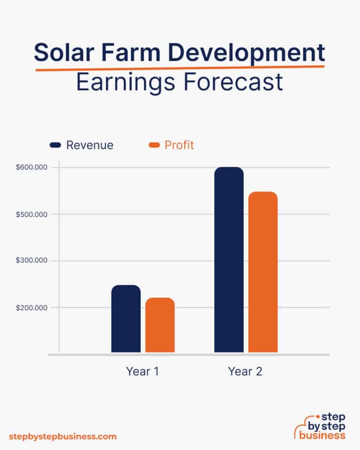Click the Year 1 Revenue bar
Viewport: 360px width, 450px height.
pos(126,319)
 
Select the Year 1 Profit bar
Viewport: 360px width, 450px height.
pos(160,325)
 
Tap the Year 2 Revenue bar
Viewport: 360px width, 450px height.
pos(229,260)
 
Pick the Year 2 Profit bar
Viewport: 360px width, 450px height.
pos(263,272)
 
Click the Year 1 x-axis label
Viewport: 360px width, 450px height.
pos(142,372)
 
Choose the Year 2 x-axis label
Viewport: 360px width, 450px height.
pos(245,372)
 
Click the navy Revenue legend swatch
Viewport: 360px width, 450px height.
pos(56,145)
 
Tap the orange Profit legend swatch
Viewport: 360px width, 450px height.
pos(154,145)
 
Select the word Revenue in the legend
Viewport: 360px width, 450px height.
pos(90,145)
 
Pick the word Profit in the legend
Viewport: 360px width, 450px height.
pos(179,145)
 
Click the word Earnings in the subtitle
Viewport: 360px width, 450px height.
pos(122,82)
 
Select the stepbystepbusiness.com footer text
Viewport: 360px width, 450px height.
pos(62,436)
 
